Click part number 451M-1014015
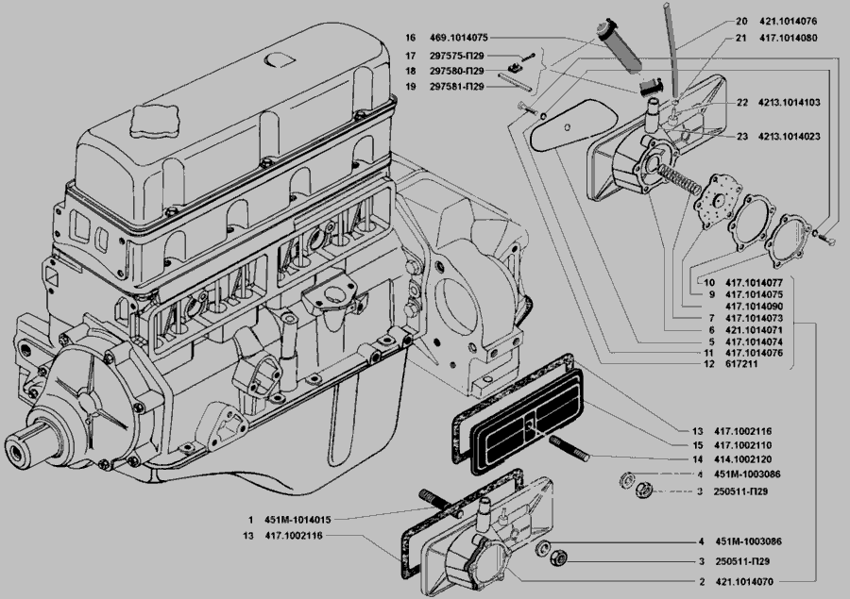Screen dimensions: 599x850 point(297,520)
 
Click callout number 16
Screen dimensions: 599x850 point(410,39)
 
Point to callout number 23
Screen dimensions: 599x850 point(742,137)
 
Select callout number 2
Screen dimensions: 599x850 point(701,582)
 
